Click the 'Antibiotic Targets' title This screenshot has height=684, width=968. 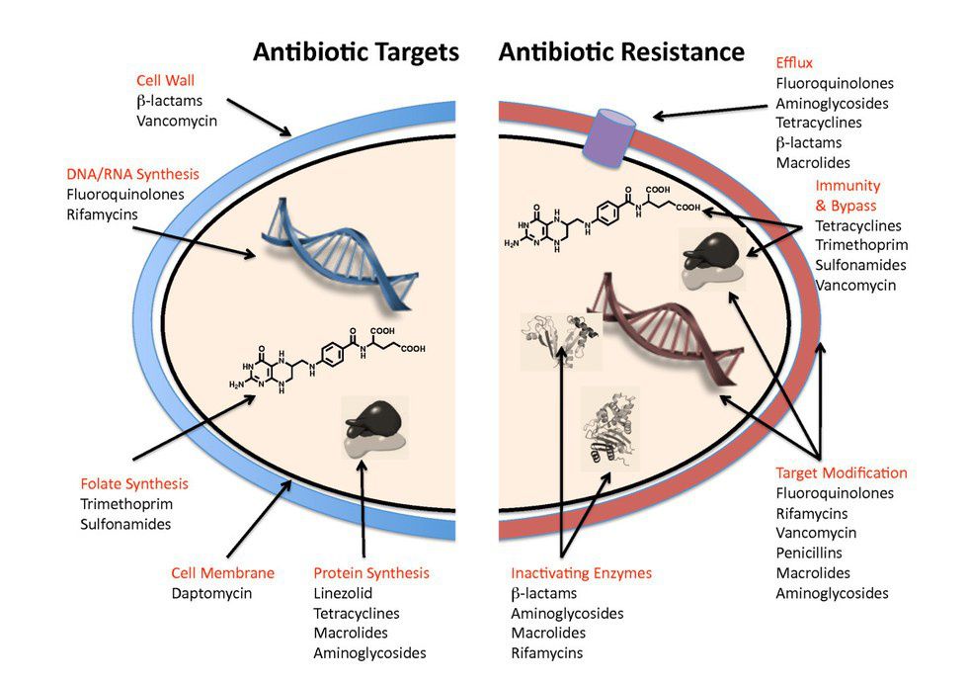tap(356, 51)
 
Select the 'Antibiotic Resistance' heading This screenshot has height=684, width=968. tap(621, 51)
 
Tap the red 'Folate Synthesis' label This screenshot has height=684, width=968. tap(134, 484)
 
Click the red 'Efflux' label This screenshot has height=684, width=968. tap(794, 63)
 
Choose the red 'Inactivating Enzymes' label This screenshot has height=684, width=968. tap(581, 573)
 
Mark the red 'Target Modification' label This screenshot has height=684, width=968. tap(842, 472)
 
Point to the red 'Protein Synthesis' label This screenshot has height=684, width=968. tap(371, 573)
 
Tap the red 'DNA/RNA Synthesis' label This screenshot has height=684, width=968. tap(133, 174)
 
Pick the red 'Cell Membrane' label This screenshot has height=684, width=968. tap(222, 573)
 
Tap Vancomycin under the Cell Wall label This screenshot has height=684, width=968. tap(177, 121)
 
